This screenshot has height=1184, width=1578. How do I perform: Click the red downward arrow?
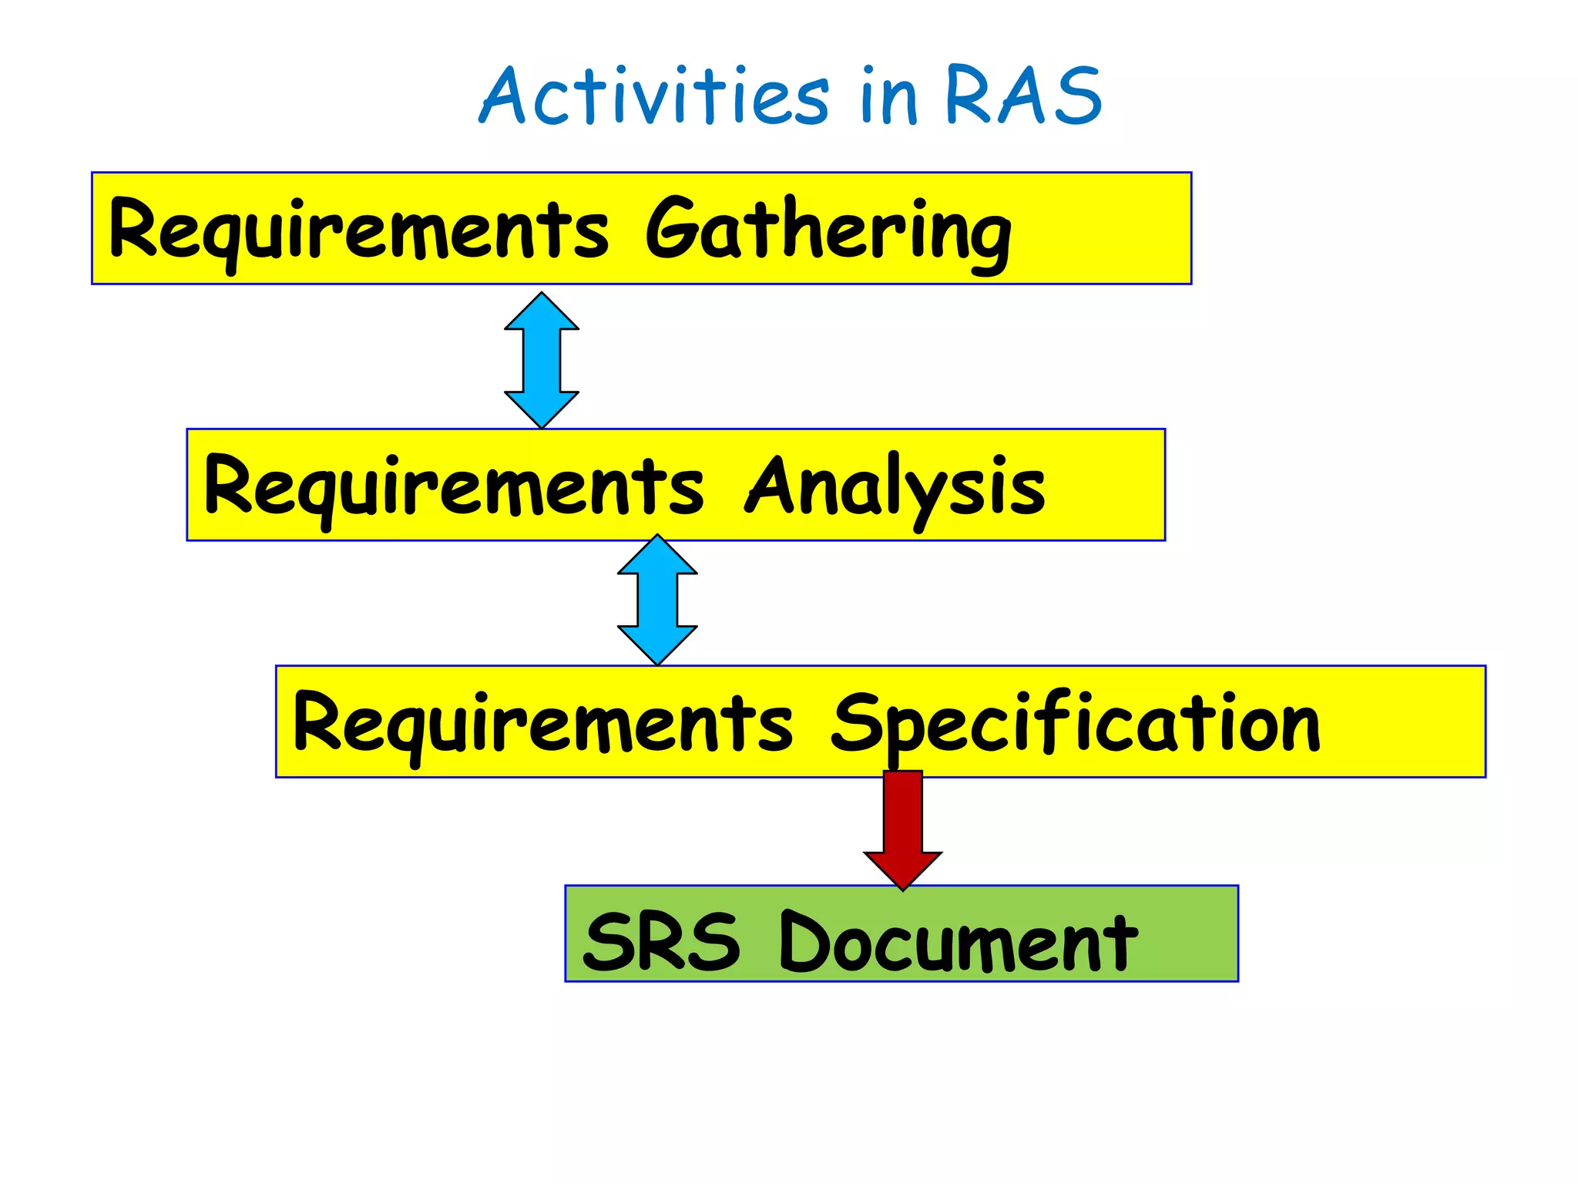(x=902, y=825)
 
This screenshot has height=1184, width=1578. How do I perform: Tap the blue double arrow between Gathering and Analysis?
(x=542, y=360)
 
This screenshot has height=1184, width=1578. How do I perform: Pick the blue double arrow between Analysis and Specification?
(x=657, y=600)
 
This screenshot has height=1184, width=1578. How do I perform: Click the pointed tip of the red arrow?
(x=902, y=887)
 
